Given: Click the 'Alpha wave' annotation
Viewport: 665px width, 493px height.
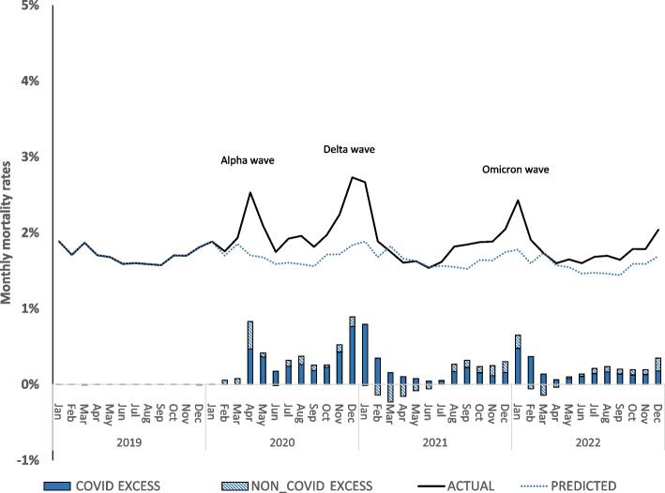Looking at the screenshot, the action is tap(248, 160).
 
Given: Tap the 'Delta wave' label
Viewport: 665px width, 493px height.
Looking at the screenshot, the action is tap(349, 149).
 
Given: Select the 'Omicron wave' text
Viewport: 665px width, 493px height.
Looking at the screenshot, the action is tap(516, 170).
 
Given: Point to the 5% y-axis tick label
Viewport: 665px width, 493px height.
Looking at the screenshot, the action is tap(29, 6).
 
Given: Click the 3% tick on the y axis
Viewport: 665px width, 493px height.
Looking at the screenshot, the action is tap(30, 157).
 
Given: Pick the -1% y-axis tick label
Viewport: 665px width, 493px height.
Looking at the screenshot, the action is tap(27, 459).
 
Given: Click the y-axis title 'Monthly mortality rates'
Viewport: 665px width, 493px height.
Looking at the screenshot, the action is tap(6, 232).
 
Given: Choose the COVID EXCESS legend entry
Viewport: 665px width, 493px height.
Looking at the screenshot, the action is tap(102, 486).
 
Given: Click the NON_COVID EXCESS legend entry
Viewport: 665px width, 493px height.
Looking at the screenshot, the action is tap(297, 486).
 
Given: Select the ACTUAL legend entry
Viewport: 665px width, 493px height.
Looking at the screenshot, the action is tap(456, 486).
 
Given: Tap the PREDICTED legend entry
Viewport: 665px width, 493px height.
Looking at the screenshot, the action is tap(568, 486).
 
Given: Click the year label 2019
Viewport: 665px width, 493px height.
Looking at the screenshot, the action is tap(129, 442).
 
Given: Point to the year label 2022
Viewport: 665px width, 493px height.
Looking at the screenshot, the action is tap(588, 442).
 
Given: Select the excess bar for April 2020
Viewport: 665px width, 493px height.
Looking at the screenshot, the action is tap(250, 352).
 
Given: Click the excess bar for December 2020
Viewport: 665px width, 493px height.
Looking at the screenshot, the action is tap(352, 351).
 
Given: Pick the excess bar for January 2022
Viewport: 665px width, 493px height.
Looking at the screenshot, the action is tap(518, 360).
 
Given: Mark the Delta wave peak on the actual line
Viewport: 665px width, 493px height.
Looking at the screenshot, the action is tap(353, 177).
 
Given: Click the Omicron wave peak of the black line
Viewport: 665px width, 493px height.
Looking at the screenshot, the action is tap(518, 200).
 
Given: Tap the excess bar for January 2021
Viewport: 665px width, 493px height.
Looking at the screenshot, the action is tap(365, 354).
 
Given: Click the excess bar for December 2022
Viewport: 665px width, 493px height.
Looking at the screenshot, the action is tap(657, 371).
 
